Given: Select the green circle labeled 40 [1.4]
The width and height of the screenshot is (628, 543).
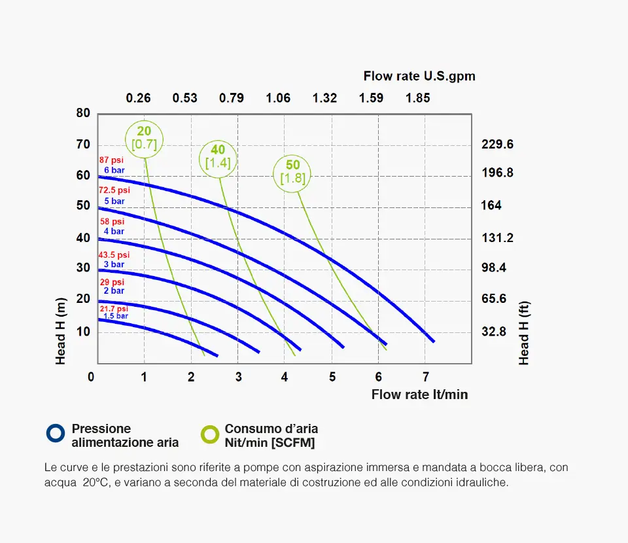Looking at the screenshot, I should pyautogui.click(x=218, y=158).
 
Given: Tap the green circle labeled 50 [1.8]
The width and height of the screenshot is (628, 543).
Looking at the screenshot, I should pyautogui.click(x=292, y=172).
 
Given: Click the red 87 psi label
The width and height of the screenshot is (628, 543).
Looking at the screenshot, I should pyautogui.click(x=111, y=160).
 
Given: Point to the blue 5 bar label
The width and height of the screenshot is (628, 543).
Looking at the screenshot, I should pyautogui.click(x=114, y=201).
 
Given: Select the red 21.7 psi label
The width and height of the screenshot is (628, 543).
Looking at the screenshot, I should pyautogui.click(x=114, y=308).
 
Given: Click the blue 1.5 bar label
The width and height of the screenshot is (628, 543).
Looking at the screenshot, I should pyautogui.click(x=116, y=316).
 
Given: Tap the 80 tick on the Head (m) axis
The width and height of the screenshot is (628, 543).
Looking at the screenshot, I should pyautogui.click(x=83, y=113).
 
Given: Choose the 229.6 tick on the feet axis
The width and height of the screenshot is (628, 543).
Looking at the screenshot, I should pyautogui.click(x=497, y=145).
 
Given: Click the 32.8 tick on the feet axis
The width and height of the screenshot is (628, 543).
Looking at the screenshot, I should pyautogui.click(x=494, y=332).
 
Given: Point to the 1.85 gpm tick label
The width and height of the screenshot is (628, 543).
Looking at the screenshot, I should pyautogui.click(x=418, y=98).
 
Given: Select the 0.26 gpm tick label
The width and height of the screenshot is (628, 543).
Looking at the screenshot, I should pyautogui.click(x=138, y=98).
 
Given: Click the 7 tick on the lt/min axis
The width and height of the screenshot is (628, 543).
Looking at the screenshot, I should pyautogui.click(x=425, y=377).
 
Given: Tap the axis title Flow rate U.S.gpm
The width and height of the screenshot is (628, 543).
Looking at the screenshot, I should pyautogui.click(x=419, y=76).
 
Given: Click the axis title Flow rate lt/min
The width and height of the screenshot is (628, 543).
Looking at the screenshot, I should pyautogui.click(x=419, y=394).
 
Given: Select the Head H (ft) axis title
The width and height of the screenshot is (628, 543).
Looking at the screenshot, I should pyautogui.click(x=523, y=332).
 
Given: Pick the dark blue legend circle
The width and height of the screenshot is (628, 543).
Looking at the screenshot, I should pyautogui.click(x=56, y=433).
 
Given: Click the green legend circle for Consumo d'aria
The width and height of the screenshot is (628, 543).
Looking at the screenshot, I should pyautogui.click(x=210, y=434).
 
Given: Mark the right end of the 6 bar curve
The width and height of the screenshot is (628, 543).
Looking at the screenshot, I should pyautogui.click(x=432, y=341).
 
